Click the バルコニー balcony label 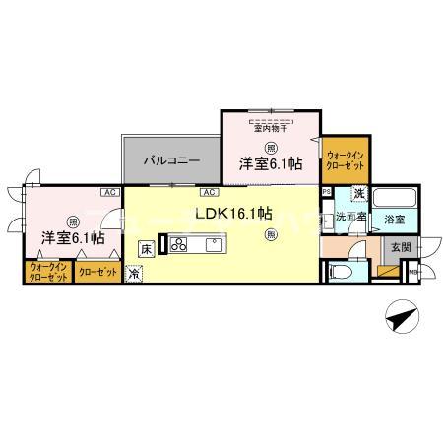click(172, 158)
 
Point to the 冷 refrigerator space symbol click(134, 275)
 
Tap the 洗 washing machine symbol click(360, 194)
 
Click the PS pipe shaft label click(326, 192)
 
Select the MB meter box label click(414, 273)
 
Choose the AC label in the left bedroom click(107, 193)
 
